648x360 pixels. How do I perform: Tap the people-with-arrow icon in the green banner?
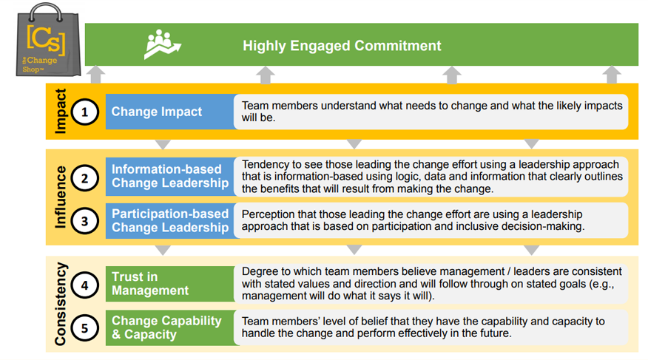163,44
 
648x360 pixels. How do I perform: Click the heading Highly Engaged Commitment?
342,45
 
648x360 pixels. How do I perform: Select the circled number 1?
85,112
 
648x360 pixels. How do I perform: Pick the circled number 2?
85,178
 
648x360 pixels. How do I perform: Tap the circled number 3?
85,221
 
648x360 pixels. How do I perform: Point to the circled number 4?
85,285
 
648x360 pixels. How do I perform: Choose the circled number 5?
85,328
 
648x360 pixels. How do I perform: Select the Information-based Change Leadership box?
171,176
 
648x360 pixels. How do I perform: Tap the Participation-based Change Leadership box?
171,220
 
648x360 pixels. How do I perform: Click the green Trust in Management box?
171,284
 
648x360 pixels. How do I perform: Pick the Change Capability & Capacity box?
171,327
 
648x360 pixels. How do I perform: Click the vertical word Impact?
61,111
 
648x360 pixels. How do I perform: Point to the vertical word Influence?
61,197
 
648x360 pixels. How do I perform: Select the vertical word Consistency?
61,304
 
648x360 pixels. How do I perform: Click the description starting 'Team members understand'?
432,112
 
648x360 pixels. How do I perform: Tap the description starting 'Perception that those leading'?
413,220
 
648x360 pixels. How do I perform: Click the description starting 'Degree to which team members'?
431,284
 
